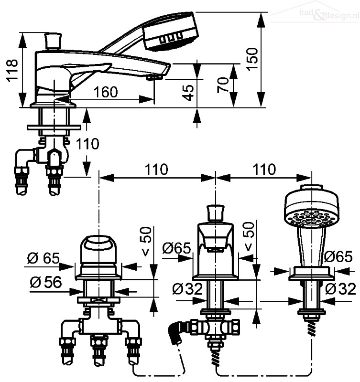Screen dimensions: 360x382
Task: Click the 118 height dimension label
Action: tap(12, 70)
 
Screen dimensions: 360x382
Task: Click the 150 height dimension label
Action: tap(252, 59)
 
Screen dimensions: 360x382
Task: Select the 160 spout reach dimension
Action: tap(106, 92)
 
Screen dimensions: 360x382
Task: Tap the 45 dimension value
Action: tap(188, 93)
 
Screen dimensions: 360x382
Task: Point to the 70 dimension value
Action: tap(223, 85)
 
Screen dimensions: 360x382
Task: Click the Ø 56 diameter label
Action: tap(46, 283)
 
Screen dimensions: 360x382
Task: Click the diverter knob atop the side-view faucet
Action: tap(53, 41)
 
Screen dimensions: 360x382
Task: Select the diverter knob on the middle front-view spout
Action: tap(215, 213)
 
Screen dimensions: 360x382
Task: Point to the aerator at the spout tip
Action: tap(154, 77)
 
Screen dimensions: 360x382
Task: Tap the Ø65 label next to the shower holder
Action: tap(338, 256)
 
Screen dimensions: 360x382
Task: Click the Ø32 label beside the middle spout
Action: tap(187, 289)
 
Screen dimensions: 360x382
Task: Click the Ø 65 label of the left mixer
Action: tap(44, 258)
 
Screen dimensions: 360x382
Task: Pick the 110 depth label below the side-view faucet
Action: tap(87, 144)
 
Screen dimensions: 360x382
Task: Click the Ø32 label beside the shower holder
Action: tap(340, 289)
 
